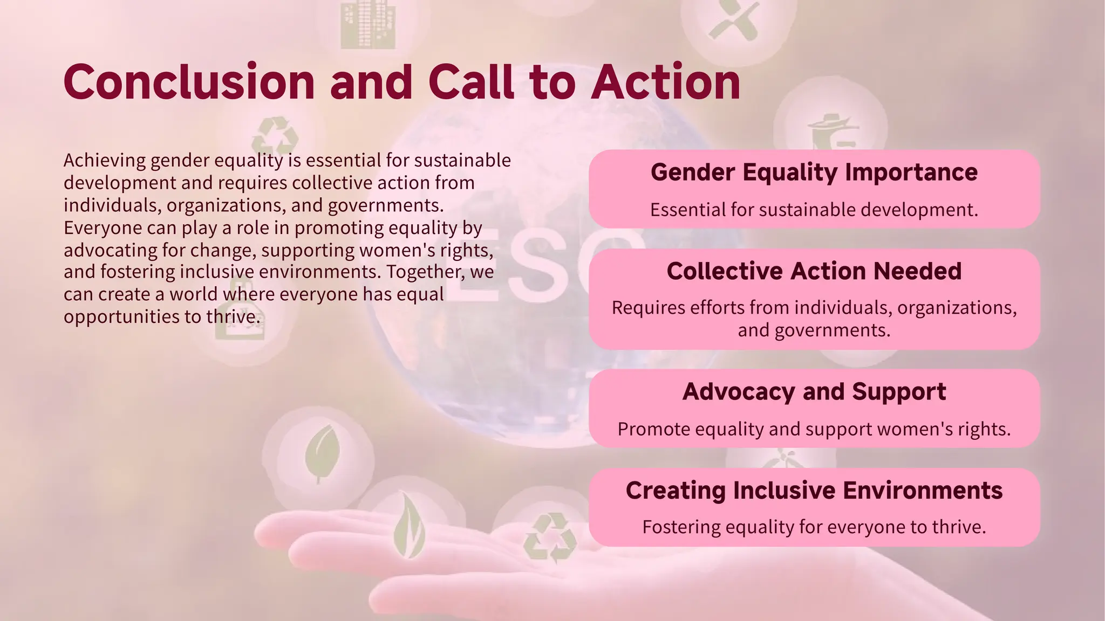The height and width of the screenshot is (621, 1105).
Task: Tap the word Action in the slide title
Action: click(x=665, y=82)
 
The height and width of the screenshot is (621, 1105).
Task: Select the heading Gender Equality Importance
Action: click(x=814, y=172)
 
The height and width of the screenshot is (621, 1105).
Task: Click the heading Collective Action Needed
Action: click(x=814, y=271)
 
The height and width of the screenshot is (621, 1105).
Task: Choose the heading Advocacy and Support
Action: click(x=814, y=392)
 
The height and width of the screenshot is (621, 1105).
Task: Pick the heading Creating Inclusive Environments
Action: click(x=814, y=491)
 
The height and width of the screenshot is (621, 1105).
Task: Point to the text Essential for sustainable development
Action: click(x=814, y=210)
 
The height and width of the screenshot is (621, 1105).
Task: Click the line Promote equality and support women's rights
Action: click(x=814, y=429)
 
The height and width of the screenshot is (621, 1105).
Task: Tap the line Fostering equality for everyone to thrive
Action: click(x=814, y=527)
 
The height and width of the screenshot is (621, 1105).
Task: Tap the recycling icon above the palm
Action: click(x=549, y=537)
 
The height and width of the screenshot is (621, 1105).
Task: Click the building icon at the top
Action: click(x=367, y=24)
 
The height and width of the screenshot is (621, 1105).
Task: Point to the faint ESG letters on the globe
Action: click(x=545, y=264)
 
